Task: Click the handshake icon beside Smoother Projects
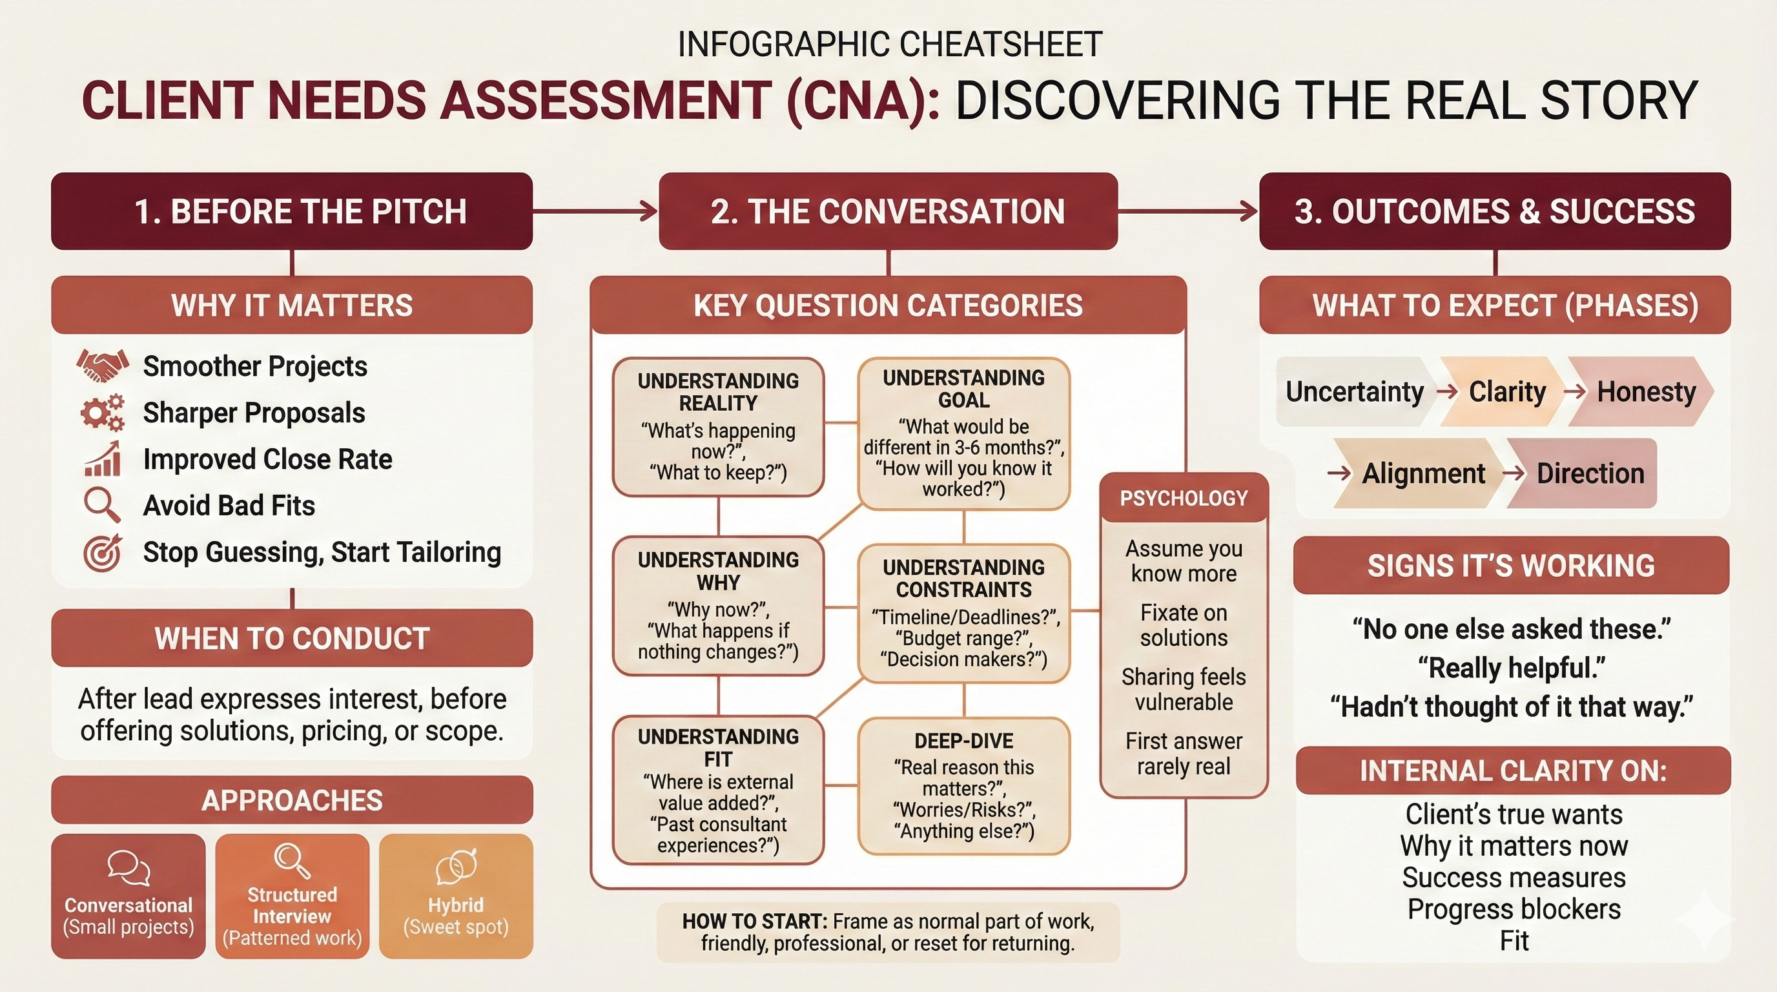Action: tap(102, 366)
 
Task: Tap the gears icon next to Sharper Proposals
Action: tap(102, 413)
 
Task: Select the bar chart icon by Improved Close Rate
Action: tap(103, 459)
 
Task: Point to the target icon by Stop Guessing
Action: tap(102, 552)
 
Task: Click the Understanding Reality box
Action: tap(718, 426)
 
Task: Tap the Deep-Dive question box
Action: tap(963, 786)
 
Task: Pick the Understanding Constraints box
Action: tap(963, 614)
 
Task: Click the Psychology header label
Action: tap(1184, 498)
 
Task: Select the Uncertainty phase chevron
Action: tap(1354, 392)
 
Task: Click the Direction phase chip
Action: tap(1589, 474)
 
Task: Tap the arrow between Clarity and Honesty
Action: tap(1575, 392)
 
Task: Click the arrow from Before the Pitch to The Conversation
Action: tap(595, 211)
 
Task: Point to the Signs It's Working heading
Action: tap(1511, 566)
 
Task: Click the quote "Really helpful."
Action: tap(1511, 668)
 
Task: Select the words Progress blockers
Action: tap(1514, 909)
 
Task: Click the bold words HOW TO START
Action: tap(754, 922)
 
